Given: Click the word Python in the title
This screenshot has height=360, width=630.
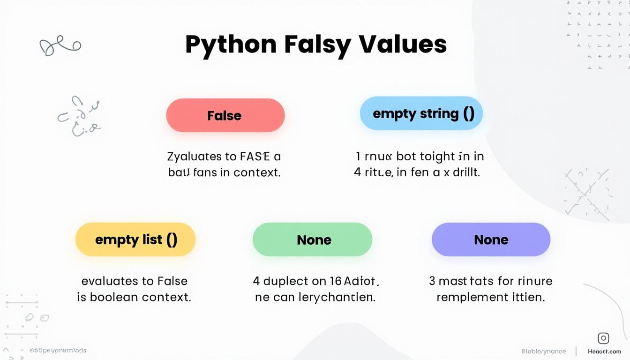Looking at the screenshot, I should click(231, 45).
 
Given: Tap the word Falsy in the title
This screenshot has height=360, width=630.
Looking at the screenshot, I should click(317, 45).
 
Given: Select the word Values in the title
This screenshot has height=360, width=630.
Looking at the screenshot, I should click(403, 44).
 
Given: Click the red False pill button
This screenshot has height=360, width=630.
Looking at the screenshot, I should click(225, 115).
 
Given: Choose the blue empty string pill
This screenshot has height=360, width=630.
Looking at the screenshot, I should click(421, 113).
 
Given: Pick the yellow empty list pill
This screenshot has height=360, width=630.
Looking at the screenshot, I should click(135, 240).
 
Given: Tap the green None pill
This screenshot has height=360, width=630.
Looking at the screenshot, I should click(313, 240).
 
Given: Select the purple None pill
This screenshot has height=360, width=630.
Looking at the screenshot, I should click(491, 240).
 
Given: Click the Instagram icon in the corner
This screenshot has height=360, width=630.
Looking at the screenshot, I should click(603, 338).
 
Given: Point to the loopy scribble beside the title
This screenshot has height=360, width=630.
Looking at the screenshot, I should click(60, 46).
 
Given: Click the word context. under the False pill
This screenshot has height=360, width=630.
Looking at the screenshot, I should click(256, 172).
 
